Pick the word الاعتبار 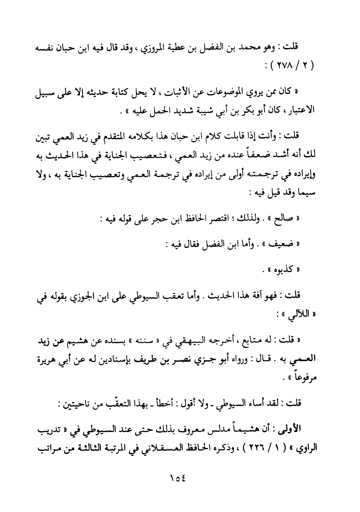[x=299, y=111]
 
